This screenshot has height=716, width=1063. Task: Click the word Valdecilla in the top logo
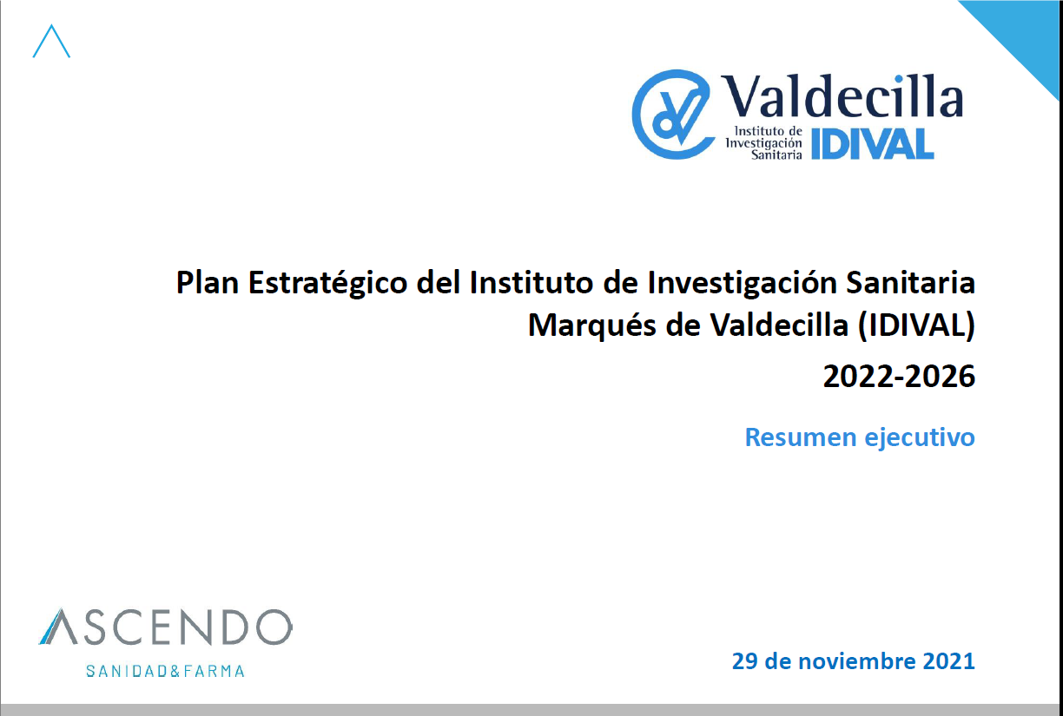point(842,95)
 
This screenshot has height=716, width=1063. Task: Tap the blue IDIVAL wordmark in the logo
point(873,144)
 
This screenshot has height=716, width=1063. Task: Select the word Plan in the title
point(208,283)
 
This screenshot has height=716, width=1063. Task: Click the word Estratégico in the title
point(327,284)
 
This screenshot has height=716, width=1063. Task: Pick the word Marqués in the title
point(591,325)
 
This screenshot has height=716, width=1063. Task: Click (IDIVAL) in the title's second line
point(916,326)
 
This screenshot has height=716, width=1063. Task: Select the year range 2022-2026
point(899,377)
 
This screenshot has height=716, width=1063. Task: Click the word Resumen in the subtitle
point(801,437)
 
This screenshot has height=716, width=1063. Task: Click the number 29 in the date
point(746,661)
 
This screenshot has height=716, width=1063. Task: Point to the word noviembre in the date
point(857,661)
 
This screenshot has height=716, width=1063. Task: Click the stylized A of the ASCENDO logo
point(58,627)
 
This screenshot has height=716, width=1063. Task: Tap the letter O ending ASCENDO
point(274,627)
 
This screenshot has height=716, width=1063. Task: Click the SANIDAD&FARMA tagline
point(165,671)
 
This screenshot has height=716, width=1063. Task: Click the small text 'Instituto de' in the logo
point(769,130)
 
